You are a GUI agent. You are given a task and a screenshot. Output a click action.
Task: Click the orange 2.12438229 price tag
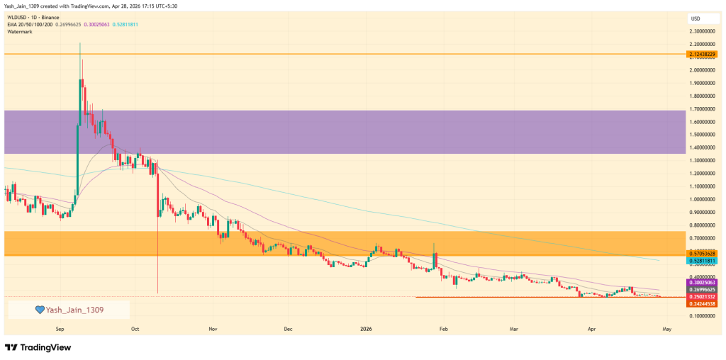pos(703,55)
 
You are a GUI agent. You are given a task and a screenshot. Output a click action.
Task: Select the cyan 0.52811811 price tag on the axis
pos(703,261)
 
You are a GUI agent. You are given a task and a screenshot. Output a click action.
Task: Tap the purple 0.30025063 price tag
pos(703,282)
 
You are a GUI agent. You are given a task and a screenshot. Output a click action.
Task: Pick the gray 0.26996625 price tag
pos(703,289)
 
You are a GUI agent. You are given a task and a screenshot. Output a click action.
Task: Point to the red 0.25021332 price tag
pos(703,296)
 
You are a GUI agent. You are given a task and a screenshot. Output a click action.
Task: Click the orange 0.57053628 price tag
pos(703,254)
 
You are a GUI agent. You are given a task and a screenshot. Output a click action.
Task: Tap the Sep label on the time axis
pos(60,329)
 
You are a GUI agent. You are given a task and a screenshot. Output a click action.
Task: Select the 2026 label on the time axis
pos(366,329)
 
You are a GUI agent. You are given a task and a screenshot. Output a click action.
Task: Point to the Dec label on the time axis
pos(288,329)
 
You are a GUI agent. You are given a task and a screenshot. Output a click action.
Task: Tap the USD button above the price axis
pos(696,18)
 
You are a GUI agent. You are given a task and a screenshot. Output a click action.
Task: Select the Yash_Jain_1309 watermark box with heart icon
pos(69,309)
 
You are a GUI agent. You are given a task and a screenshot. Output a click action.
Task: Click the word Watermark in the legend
pos(21,32)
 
